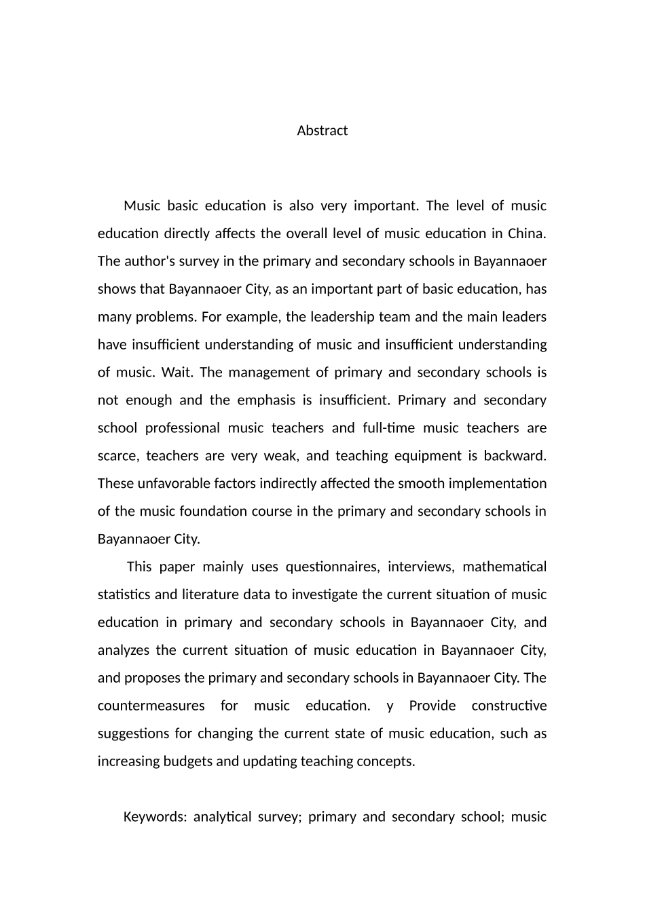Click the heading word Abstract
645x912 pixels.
pos(322,130)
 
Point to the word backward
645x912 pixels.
pos(515,456)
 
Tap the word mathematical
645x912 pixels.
pos(504,567)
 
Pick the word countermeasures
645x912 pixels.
pos(151,706)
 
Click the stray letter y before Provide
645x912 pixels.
pos(390,706)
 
